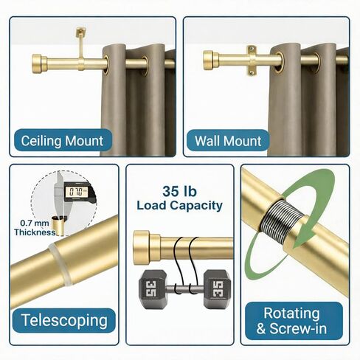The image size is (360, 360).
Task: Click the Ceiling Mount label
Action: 63,140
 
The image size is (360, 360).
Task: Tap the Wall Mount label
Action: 228,141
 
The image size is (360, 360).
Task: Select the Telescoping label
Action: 64,320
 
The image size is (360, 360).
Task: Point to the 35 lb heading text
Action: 179,191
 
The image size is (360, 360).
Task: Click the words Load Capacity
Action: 179,205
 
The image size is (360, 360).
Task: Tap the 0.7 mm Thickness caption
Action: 35,227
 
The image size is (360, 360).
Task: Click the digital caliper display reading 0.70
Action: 77,192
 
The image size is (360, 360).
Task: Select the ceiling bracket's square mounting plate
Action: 80,32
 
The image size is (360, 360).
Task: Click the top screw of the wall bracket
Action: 251,49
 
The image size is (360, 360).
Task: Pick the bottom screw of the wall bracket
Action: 251,72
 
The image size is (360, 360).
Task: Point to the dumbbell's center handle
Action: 185,288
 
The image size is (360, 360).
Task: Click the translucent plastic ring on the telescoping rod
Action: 60,264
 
